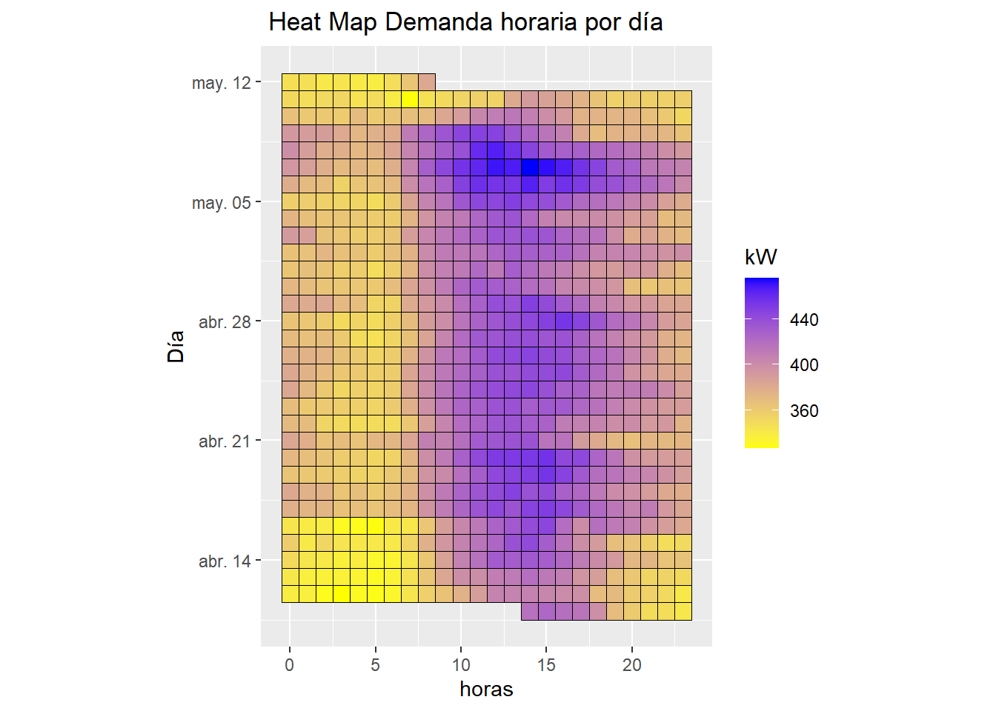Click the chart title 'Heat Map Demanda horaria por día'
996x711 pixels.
pos(465,22)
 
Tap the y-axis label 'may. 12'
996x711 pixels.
pos(222,83)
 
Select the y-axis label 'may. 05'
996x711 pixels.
pos(222,203)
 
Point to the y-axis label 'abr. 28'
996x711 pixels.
pos(225,322)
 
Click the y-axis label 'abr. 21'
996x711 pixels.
pos(225,441)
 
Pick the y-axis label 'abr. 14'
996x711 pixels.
pos(225,561)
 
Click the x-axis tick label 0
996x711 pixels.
pos(290,665)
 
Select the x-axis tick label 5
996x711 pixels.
pos(376,665)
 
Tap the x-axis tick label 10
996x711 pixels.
pos(461,665)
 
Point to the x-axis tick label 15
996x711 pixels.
pos(547,665)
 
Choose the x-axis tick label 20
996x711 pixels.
pos(632,665)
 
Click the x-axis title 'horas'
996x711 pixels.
pos(486,690)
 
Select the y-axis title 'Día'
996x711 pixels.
pos(176,347)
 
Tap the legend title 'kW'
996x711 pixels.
pos(761,257)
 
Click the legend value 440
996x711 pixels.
pos(804,320)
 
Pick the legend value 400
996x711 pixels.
pos(804,365)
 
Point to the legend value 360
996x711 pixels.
pos(804,411)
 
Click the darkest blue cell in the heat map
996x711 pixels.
pos(529,167)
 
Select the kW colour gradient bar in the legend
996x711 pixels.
pos(762,363)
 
